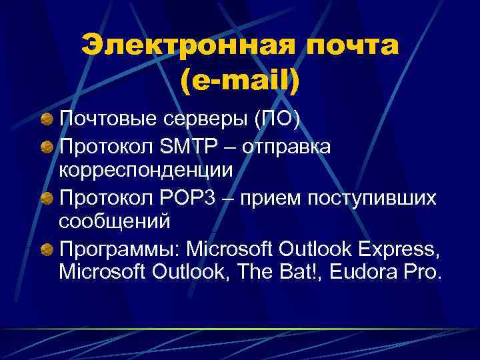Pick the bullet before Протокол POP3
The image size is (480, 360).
47,197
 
